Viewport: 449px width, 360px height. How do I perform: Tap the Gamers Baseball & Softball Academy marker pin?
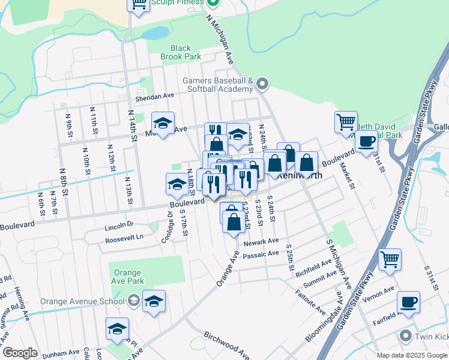262,85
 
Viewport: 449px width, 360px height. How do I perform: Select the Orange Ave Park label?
127,277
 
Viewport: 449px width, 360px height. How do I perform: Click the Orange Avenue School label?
82,301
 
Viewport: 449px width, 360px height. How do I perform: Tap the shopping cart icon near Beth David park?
346,122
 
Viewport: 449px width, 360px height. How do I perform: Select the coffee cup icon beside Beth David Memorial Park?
366,142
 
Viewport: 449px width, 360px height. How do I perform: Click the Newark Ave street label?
261,241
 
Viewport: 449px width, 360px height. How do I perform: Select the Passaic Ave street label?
261,254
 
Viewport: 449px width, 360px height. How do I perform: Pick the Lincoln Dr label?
118,225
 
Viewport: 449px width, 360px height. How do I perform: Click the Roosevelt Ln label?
124,236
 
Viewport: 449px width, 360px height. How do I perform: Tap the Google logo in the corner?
20,353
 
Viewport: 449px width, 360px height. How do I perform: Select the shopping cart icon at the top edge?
139,5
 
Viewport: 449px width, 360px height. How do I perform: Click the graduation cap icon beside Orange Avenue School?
154,302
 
